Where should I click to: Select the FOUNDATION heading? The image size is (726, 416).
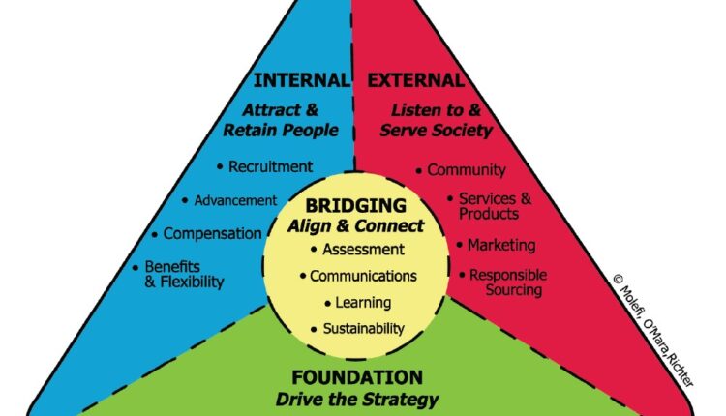tap(357, 377)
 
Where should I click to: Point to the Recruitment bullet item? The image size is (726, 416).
tap(269, 166)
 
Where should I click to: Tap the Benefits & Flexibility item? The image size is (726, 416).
tap(184, 274)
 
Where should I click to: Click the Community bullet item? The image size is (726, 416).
tap(467, 170)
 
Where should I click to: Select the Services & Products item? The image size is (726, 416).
tap(494, 205)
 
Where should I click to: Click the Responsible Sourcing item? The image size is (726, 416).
tap(507, 282)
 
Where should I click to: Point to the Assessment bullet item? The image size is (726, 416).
tap(355, 250)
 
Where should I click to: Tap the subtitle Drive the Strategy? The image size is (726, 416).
tap(357, 399)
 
